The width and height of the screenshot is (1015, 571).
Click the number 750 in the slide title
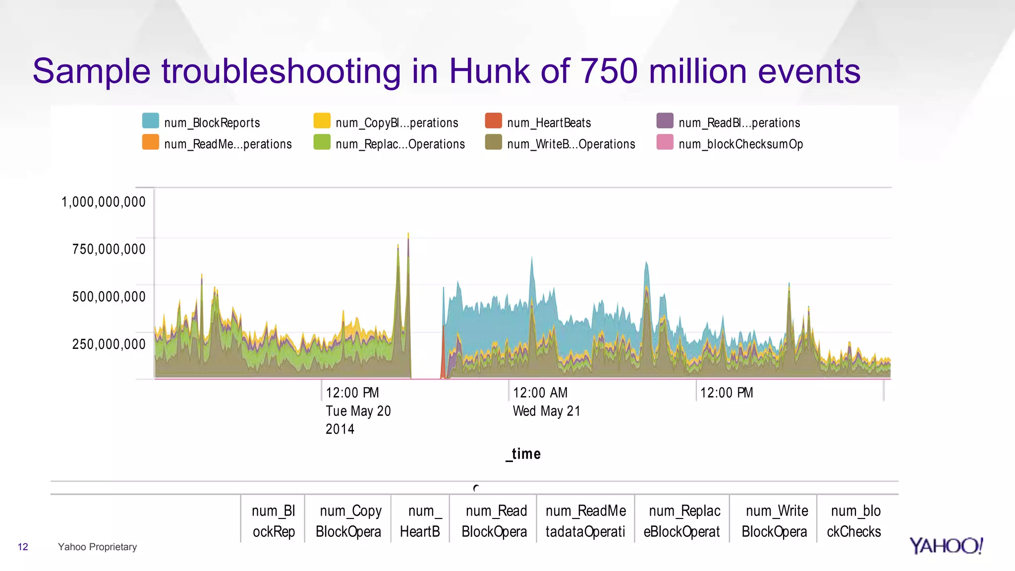coord(609,71)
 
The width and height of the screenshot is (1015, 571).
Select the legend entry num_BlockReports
coord(212,122)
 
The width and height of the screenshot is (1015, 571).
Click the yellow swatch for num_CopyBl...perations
coord(322,121)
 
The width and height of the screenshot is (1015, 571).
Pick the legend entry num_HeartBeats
coord(549,122)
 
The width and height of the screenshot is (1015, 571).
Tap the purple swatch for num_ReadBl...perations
coord(665,121)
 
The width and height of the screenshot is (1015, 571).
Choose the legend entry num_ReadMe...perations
coord(227,144)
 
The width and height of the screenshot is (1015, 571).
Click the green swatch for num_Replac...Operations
coord(322,142)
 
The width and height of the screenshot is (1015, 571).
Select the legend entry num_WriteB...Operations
coord(570,144)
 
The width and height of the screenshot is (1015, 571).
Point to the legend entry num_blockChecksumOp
coord(740,144)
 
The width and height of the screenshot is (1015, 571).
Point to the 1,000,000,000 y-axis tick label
coord(103,202)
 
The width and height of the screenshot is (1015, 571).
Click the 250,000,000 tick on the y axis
coord(109,344)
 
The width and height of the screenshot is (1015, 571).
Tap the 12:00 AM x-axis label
coord(540,393)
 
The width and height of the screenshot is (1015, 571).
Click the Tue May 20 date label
coord(358,411)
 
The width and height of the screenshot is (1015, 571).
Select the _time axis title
coord(523,454)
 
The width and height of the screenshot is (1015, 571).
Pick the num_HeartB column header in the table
coord(420,521)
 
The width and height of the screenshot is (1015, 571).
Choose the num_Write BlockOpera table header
coord(774,521)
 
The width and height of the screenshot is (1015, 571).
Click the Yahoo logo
coord(946,546)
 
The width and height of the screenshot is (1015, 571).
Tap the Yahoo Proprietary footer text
coord(97,547)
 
